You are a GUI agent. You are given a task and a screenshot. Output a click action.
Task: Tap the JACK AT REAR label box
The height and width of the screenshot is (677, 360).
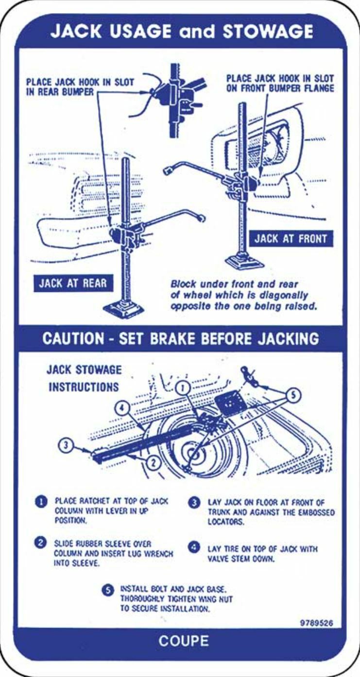click(x=72, y=284)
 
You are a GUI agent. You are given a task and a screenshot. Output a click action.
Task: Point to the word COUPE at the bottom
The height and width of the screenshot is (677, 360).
click(x=184, y=641)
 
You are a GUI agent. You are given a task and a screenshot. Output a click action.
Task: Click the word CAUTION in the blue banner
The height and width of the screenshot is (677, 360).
click(x=73, y=338)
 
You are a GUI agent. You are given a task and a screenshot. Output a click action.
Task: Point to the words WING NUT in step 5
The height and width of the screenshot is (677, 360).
click(x=217, y=599)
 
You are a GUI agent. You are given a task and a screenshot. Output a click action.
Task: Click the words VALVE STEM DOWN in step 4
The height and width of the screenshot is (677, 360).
click(x=241, y=559)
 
